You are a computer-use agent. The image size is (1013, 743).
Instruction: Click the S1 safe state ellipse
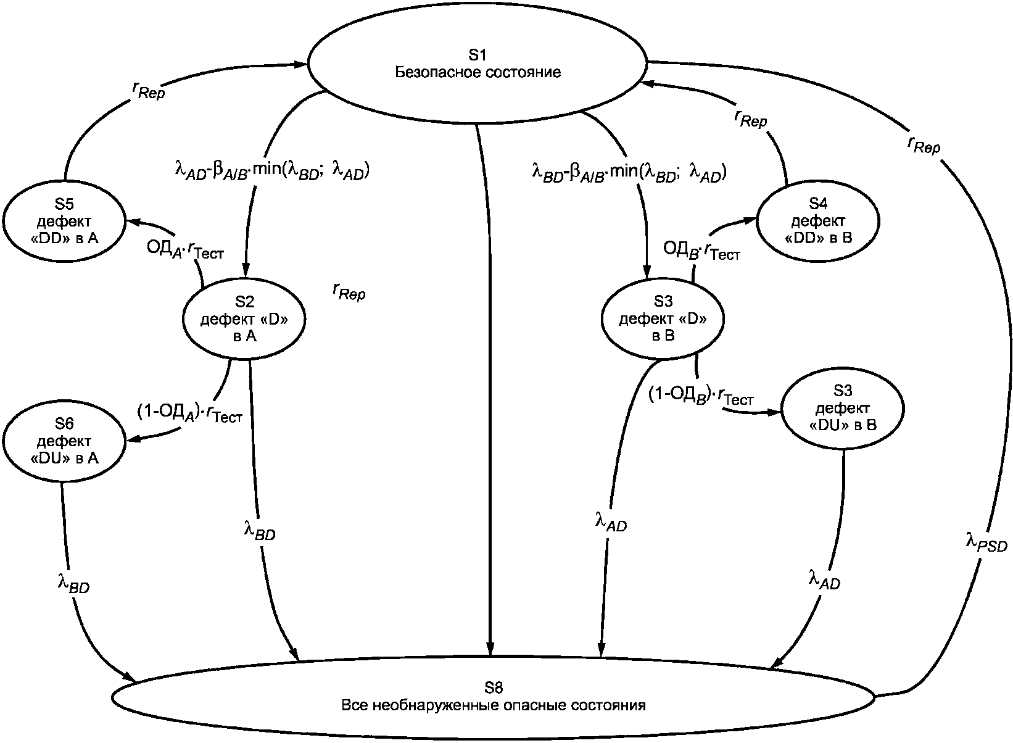(478, 64)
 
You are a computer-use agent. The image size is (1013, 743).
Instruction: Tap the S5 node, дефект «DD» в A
(64, 222)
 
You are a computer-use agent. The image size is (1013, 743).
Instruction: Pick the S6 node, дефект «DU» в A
(64, 441)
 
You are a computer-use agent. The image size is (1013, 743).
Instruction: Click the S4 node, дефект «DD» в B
(817, 222)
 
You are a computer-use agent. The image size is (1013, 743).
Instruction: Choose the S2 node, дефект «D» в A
(244, 318)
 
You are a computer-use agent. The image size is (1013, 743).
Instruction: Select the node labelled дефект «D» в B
(663, 318)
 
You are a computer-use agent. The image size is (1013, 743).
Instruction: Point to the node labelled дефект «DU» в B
(843, 408)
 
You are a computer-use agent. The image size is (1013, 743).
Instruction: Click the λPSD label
(986, 542)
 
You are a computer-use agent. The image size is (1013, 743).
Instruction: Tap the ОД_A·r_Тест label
(185, 250)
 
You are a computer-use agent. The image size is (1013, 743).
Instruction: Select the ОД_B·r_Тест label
(701, 251)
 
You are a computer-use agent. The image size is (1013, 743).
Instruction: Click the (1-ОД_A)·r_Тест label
(189, 413)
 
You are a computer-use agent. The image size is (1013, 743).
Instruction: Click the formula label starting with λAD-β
(272, 171)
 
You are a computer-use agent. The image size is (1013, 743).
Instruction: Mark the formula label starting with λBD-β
(629, 172)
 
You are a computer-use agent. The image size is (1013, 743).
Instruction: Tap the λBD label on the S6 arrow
(73, 583)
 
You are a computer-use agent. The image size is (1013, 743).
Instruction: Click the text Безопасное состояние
(478, 72)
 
